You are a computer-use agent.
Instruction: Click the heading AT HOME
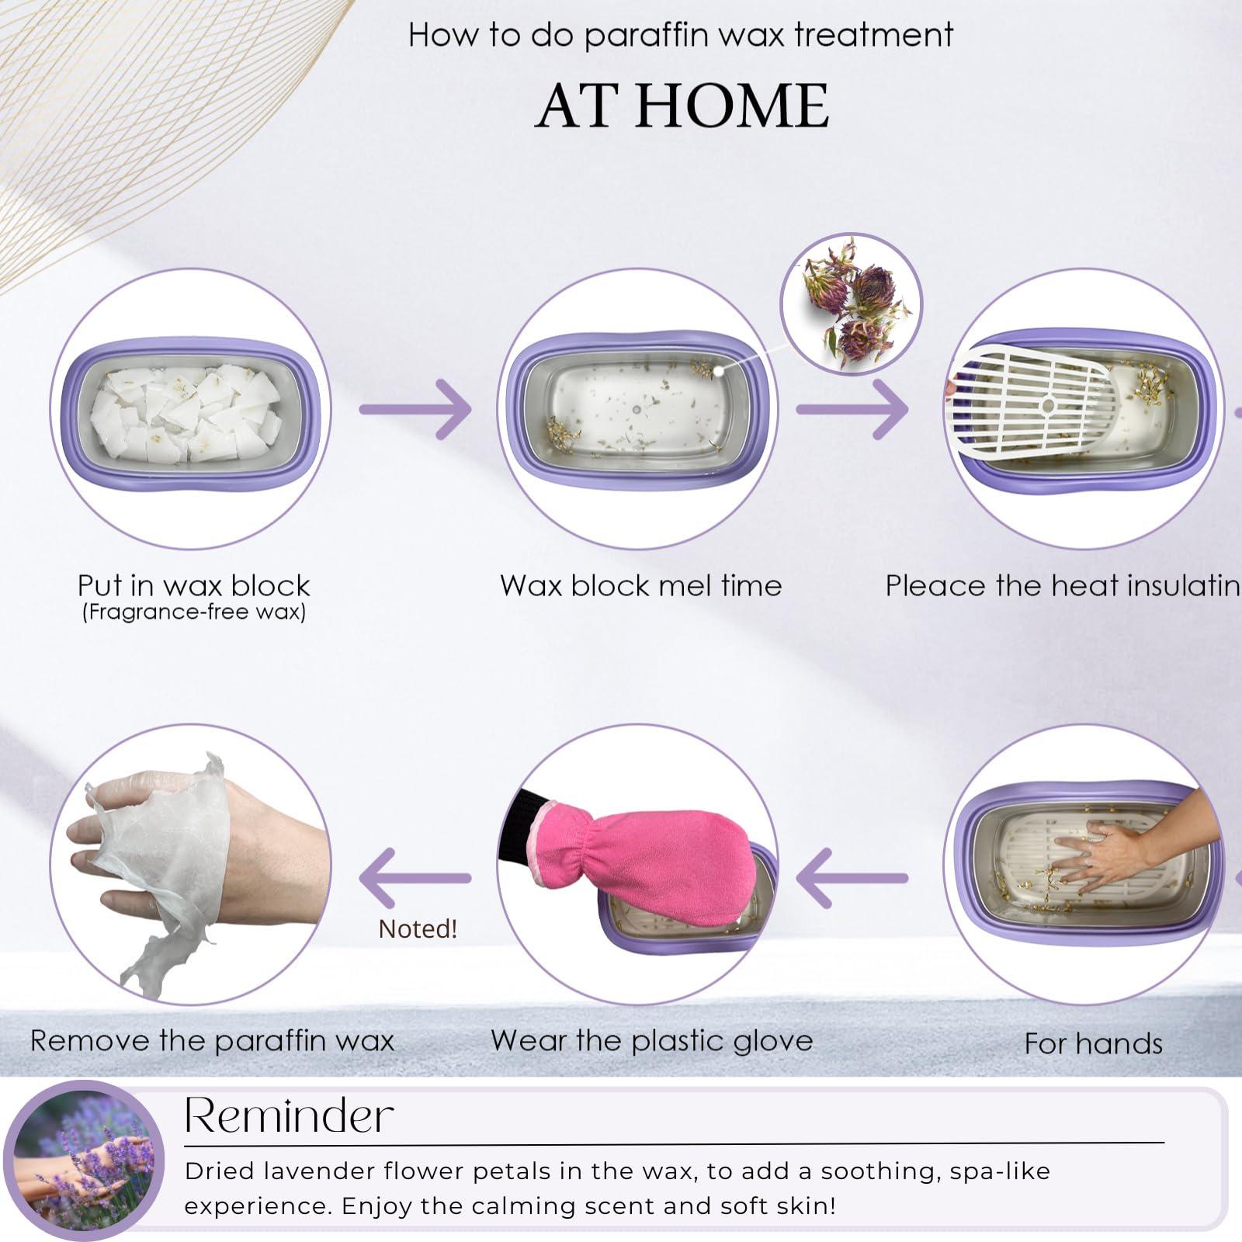pyautogui.click(x=682, y=106)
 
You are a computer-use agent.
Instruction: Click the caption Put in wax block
pyautogui.click(x=193, y=585)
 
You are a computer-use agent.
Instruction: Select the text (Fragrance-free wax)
pyautogui.click(x=193, y=612)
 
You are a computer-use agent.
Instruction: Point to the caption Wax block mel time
pyautogui.click(x=640, y=585)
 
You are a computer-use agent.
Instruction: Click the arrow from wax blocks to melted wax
pyautogui.click(x=415, y=409)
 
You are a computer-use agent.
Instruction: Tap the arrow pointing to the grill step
pyautogui.click(x=852, y=409)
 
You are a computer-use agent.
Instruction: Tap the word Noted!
pyautogui.click(x=418, y=928)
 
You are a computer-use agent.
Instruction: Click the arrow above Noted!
pyautogui.click(x=415, y=878)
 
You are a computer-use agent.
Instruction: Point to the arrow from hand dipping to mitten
pyautogui.click(x=852, y=878)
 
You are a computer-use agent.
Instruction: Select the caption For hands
pyautogui.click(x=1093, y=1043)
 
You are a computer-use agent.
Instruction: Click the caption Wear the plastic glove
pyautogui.click(x=651, y=1040)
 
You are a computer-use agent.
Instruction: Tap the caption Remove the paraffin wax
pyautogui.click(x=212, y=1040)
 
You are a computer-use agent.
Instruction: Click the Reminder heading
pyautogui.click(x=289, y=1116)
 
